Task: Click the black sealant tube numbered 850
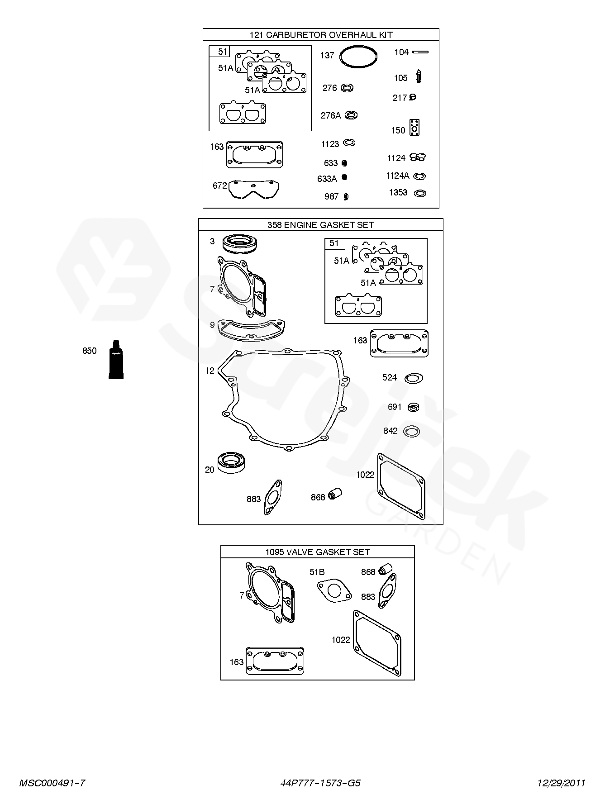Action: tap(116, 359)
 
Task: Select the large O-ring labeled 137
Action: tap(340, 57)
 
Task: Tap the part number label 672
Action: tap(219, 186)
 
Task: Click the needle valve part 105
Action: tap(419, 76)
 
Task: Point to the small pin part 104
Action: tap(420, 52)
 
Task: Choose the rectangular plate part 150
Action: tap(414, 128)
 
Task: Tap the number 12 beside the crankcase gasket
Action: tap(210, 371)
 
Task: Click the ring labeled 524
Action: tap(414, 378)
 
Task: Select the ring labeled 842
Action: tap(411, 431)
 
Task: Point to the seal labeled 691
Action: tap(413, 407)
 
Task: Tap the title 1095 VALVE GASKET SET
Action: tap(318, 552)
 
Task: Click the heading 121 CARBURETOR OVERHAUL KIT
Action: tap(321, 35)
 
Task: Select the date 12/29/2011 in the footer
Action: tap(561, 783)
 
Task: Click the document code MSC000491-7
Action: tap(52, 783)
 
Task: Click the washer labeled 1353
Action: tap(420, 193)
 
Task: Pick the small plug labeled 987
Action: tap(346, 196)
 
